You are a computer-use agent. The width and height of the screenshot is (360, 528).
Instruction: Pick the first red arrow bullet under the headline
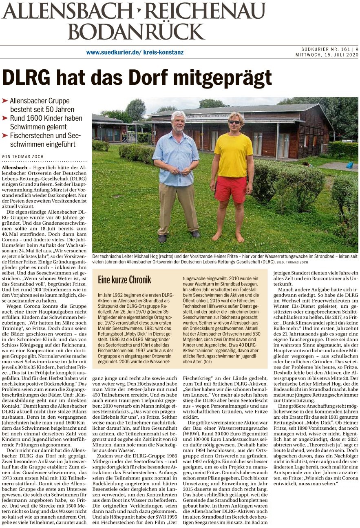[x=5, y=100]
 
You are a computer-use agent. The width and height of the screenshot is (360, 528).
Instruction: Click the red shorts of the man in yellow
[x=230, y=188]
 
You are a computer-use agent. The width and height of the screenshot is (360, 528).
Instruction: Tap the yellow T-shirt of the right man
[x=234, y=155]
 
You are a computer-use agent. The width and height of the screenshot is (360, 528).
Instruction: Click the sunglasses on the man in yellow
[x=234, y=122]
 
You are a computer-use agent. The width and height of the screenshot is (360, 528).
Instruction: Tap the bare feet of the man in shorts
[x=228, y=237]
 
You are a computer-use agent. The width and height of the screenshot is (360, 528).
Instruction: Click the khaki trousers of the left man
[x=178, y=208]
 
